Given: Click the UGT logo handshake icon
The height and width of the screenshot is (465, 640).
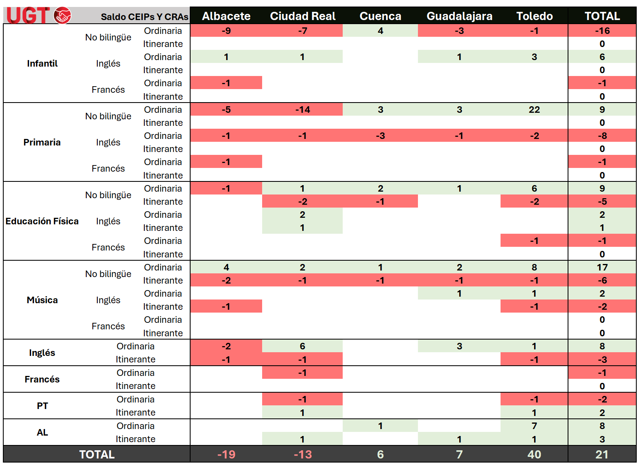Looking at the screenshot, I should pos(63,16).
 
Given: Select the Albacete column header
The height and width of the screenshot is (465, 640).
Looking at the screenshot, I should pos(226,16).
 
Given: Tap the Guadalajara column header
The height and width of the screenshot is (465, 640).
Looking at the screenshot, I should pos(459,16).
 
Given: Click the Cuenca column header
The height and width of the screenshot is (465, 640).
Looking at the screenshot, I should pos(380,16).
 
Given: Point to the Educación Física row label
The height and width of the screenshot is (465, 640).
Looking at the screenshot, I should pos(42,221).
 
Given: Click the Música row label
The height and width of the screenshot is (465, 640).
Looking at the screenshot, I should pos(42,300).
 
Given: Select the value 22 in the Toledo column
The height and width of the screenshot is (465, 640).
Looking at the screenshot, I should pos(534,110).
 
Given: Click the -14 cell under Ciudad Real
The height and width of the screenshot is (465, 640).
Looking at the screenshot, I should pos(303,110).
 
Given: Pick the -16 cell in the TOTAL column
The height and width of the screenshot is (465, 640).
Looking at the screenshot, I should pos(602,31).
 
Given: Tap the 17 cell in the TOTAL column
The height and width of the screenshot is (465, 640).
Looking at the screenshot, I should pos(602,267).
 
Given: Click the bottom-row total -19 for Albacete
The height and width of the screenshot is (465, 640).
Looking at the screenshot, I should pos(226,454).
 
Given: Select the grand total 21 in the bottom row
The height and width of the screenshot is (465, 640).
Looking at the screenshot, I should pos(602,454).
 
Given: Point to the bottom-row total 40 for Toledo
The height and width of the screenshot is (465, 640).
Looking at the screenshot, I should pos(534,454).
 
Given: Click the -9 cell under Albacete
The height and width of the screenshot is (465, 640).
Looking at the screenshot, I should pos(226,31).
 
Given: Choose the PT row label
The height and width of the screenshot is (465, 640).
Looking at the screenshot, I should pos(42,406).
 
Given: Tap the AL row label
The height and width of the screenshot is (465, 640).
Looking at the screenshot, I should pos(42,432).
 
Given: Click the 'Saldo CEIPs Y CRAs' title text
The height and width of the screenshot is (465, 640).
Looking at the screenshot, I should pos(144,17).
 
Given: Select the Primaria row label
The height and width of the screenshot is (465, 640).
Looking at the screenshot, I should pos(42,142).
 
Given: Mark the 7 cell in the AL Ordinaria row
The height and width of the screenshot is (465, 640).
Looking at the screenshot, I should pos(534,426).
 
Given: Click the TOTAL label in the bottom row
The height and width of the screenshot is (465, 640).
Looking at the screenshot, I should pos(97,454).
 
